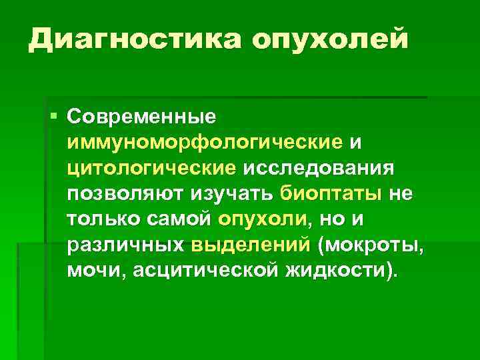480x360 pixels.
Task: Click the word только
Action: coord(103,219)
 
